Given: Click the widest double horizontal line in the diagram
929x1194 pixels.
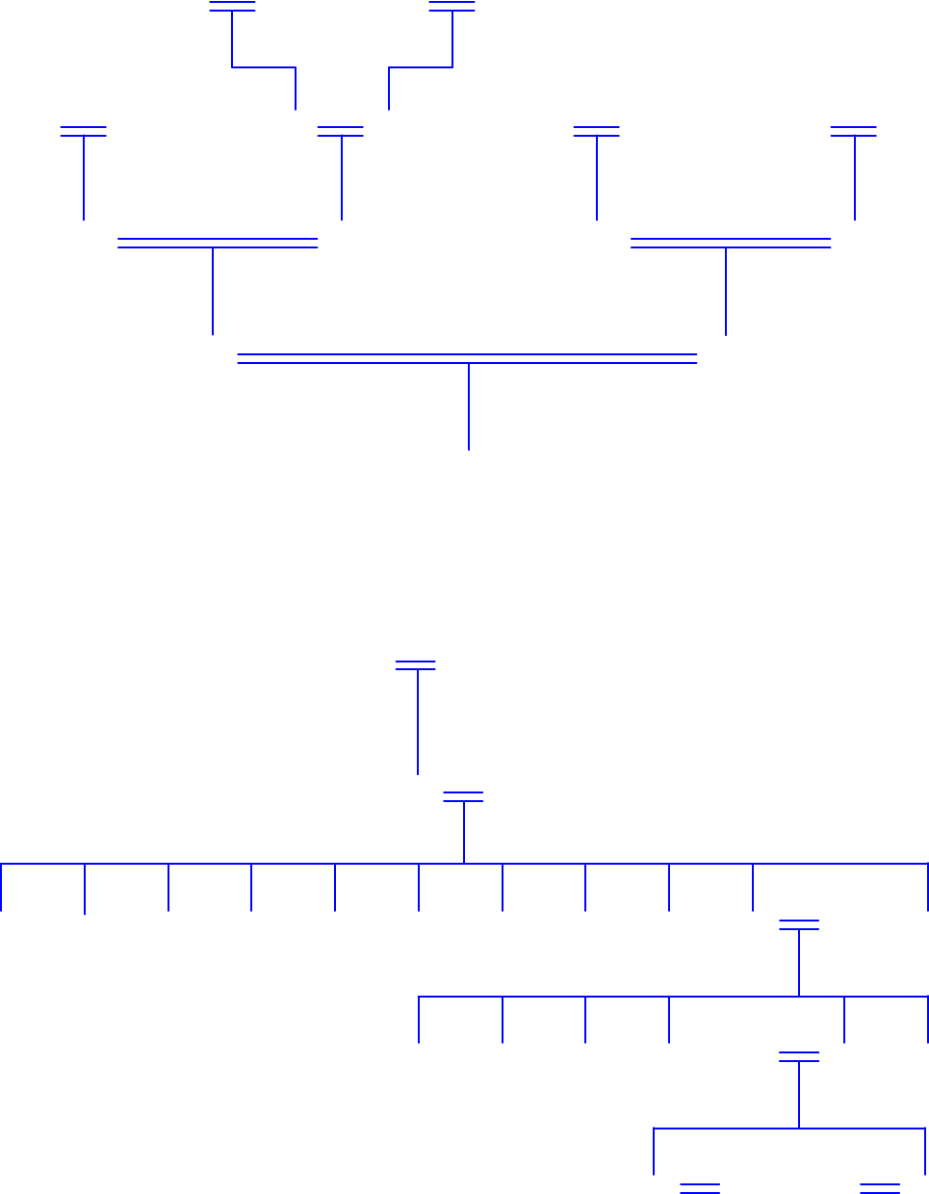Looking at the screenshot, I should (467, 359).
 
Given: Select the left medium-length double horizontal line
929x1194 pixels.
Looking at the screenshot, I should (218, 243).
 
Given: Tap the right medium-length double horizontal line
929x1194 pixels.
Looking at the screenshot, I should (731, 243).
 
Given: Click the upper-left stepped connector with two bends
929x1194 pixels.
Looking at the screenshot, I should (262, 67).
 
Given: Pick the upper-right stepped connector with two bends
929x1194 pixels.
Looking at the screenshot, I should (422, 67).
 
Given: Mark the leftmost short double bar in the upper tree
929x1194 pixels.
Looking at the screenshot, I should (84, 131).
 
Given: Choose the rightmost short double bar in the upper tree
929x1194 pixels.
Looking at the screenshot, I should (854, 131).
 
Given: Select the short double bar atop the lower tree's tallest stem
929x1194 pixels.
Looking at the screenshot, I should (416, 665).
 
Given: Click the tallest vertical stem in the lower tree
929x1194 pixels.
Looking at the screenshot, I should (418, 722).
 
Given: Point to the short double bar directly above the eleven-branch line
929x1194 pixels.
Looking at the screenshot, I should (463, 796).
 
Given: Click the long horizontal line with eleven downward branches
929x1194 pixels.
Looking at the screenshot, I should (289, 864).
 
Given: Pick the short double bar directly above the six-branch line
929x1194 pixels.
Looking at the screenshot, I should (799, 925).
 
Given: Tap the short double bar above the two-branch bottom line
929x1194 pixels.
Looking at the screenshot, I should (799, 1057).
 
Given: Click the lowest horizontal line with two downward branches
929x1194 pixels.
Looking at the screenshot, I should (722, 1129).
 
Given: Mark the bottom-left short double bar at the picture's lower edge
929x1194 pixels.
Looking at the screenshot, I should (700, 1188).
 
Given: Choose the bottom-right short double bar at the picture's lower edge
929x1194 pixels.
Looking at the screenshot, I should (880, 1188).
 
